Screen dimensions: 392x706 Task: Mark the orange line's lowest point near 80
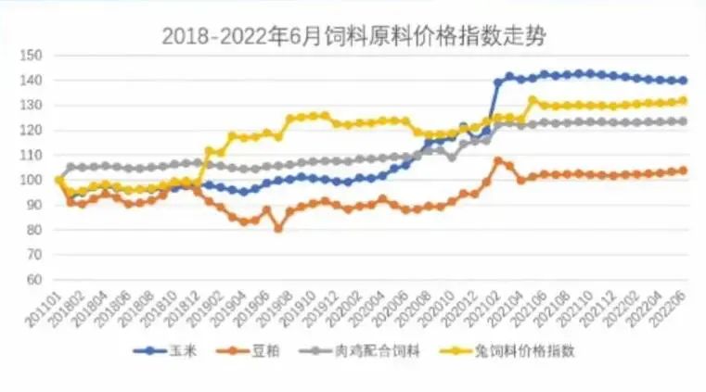pos(277,228)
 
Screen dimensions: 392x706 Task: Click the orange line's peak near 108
pos(498,160)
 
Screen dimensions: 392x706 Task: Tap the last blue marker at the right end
pos(683,81)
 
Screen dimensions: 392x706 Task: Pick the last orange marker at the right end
pos(683,171)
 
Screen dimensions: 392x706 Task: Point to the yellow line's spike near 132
pos(533,99)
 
